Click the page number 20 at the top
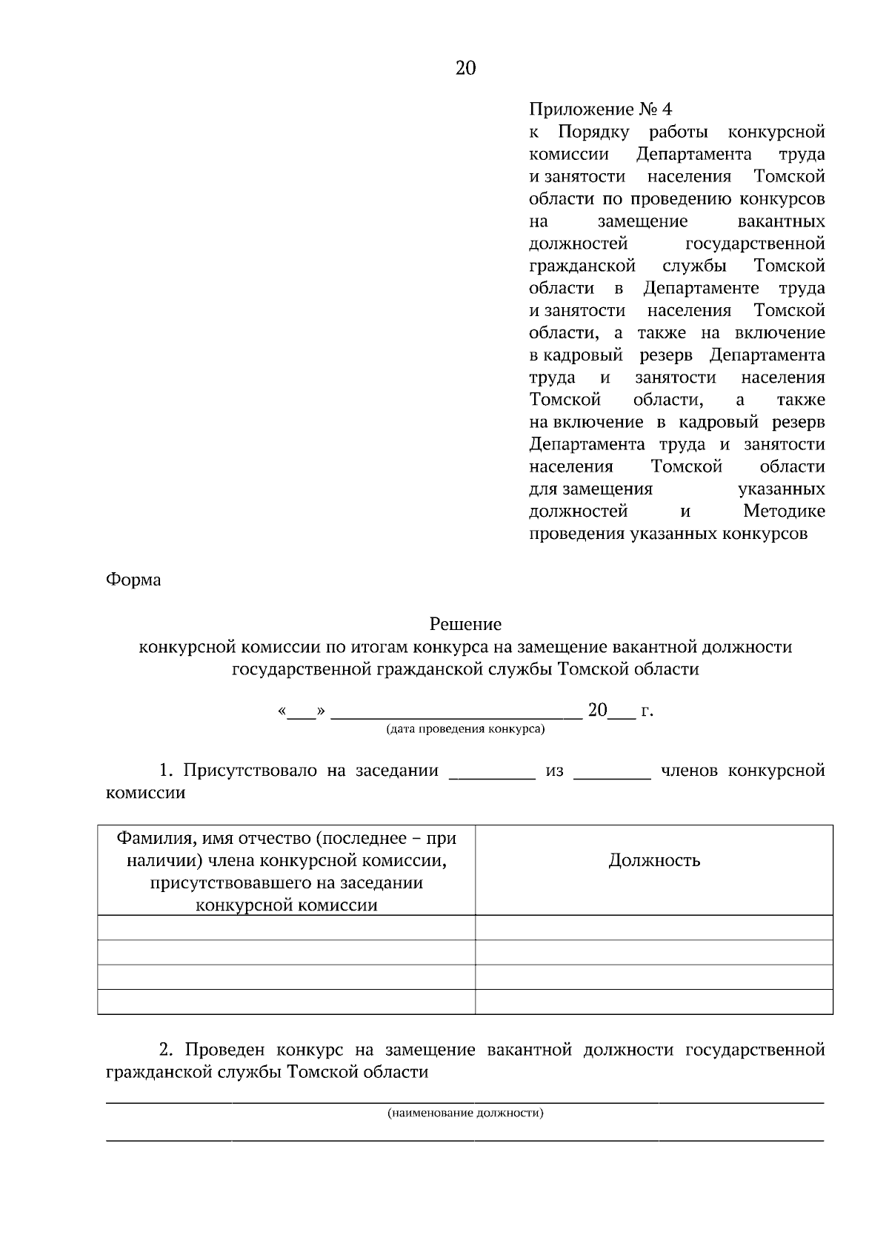coord(465,68)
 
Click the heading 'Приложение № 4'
coord(600,110)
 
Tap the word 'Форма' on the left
coord(133,579)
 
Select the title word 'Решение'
coord(465,624)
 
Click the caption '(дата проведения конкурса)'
coord(465,728)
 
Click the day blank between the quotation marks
coord(301,714)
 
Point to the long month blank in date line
coord(456,714)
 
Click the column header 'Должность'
coord(654,860)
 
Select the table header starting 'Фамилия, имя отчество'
coord(286,871)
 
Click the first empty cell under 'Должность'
coord(654,928)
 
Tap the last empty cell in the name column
coord(286,1002)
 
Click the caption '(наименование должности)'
coord(465,1113)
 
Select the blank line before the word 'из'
coord(492,774)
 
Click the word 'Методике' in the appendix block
coord(784,512)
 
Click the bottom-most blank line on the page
coord(465,1140)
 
